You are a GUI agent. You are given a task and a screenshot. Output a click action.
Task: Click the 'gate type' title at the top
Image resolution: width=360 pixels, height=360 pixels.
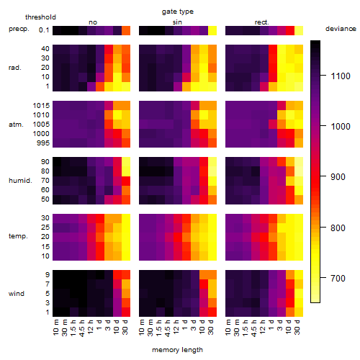coord(178,12)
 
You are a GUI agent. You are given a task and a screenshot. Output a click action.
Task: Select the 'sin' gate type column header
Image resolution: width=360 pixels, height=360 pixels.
coord(177,22)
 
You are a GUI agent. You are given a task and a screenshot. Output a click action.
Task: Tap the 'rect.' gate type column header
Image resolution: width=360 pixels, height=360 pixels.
coord(262,22)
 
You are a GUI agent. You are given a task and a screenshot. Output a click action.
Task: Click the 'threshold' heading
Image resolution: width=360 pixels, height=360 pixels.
coord(40,17)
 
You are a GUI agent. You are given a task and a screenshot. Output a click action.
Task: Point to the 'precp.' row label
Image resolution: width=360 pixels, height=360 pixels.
coord(19,29)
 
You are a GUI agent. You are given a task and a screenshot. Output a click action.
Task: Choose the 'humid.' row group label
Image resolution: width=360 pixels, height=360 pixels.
coord(20,181)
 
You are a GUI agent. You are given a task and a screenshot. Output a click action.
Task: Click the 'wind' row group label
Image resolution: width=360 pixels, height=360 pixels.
coord(17,294)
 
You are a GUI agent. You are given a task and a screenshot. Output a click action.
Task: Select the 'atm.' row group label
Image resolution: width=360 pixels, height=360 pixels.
coord(16,125)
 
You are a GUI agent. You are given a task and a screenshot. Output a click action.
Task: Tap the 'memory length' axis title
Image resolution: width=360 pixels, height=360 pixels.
coord(178,350)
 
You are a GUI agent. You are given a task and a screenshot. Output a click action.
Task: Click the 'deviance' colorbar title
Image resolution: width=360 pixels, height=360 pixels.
coord(341,29)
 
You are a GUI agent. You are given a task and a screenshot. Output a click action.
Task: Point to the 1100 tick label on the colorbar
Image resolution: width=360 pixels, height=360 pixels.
coord(341,76)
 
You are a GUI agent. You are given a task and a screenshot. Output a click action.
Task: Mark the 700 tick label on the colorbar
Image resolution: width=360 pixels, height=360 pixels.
coord(338,279)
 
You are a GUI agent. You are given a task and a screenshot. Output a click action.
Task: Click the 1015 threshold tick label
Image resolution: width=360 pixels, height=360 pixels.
coord(41,106)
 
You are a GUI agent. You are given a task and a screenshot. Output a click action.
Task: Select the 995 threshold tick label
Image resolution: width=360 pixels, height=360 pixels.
coord(43,143)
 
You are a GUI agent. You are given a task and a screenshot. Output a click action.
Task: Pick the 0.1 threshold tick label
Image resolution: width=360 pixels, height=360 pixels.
coord(44,30)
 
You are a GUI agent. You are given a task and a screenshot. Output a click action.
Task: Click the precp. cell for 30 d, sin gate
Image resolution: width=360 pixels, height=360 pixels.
coord(212,31)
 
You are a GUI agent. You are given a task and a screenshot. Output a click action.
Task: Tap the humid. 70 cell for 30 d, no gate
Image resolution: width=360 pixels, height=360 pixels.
coord(126,181)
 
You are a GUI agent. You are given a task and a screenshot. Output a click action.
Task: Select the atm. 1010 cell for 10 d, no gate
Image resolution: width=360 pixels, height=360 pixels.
coord(117,115)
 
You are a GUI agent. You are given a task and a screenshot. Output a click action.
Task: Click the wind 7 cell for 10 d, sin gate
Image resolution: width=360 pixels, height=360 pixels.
coord(204,284)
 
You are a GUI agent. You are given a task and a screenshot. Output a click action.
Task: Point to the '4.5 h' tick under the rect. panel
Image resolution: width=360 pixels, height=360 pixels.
coord(253,328)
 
